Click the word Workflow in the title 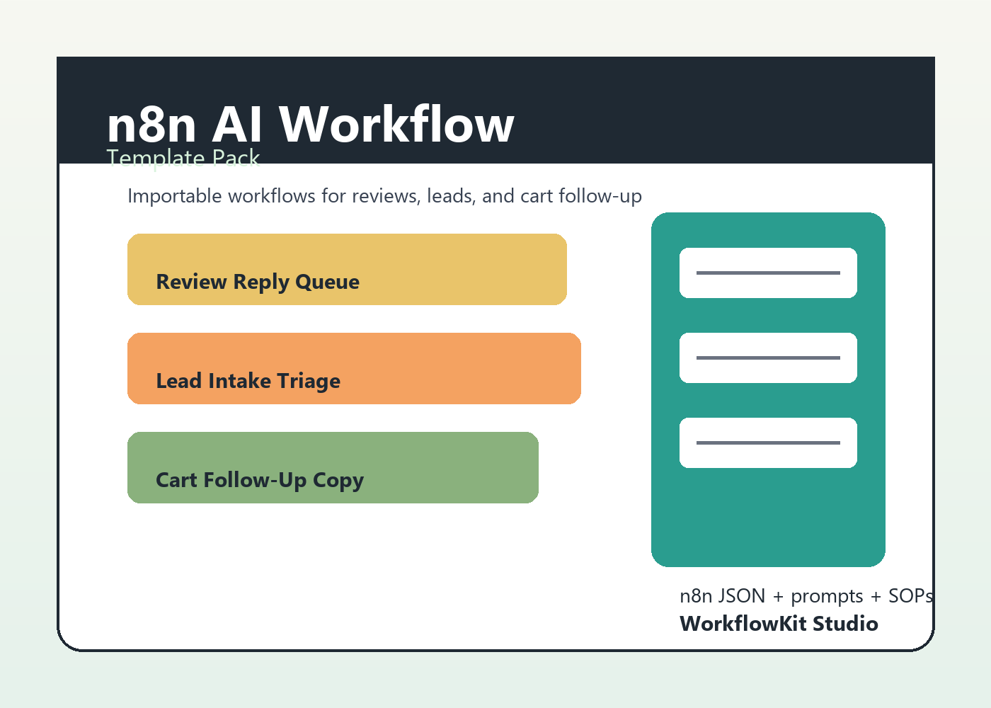396,125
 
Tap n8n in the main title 151,125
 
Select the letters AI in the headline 237,125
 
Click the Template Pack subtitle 183,158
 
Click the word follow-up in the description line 600,196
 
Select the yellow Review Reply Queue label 258,282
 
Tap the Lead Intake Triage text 248,381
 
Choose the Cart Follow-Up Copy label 260,480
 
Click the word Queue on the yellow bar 327,282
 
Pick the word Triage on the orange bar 309,382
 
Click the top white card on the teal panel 768,273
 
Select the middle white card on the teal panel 768,358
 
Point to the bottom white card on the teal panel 768,443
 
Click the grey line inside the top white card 768,273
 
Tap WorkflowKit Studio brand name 779,624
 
